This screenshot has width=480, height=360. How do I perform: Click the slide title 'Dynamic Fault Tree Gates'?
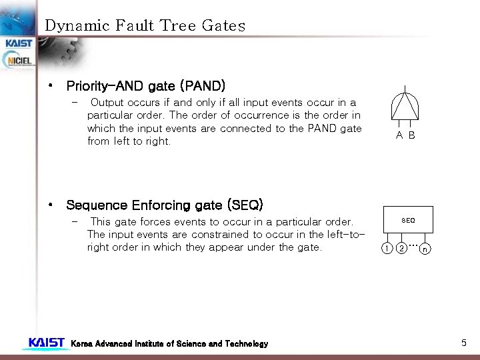[145, 26]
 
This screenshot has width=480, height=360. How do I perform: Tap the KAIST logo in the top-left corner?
[19, 43]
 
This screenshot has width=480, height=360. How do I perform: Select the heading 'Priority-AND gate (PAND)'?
[146, 86]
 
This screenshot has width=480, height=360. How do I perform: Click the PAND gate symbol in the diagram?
[405, 106]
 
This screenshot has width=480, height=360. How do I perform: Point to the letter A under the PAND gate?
[399, 135]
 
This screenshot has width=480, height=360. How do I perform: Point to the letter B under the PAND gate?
[411, 135]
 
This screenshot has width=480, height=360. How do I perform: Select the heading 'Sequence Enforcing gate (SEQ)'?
[165, 205]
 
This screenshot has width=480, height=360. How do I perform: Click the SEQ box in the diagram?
[408, 219]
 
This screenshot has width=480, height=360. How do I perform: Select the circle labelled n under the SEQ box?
[425, 250]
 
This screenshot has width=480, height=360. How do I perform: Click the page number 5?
[464, 343]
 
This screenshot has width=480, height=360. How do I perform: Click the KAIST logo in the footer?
[46, 343]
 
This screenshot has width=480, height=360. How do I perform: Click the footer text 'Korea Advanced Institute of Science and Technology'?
[169, 344]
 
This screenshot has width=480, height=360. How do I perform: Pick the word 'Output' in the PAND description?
[107, 103]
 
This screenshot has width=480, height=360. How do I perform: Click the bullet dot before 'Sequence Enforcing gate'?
[51, 205]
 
